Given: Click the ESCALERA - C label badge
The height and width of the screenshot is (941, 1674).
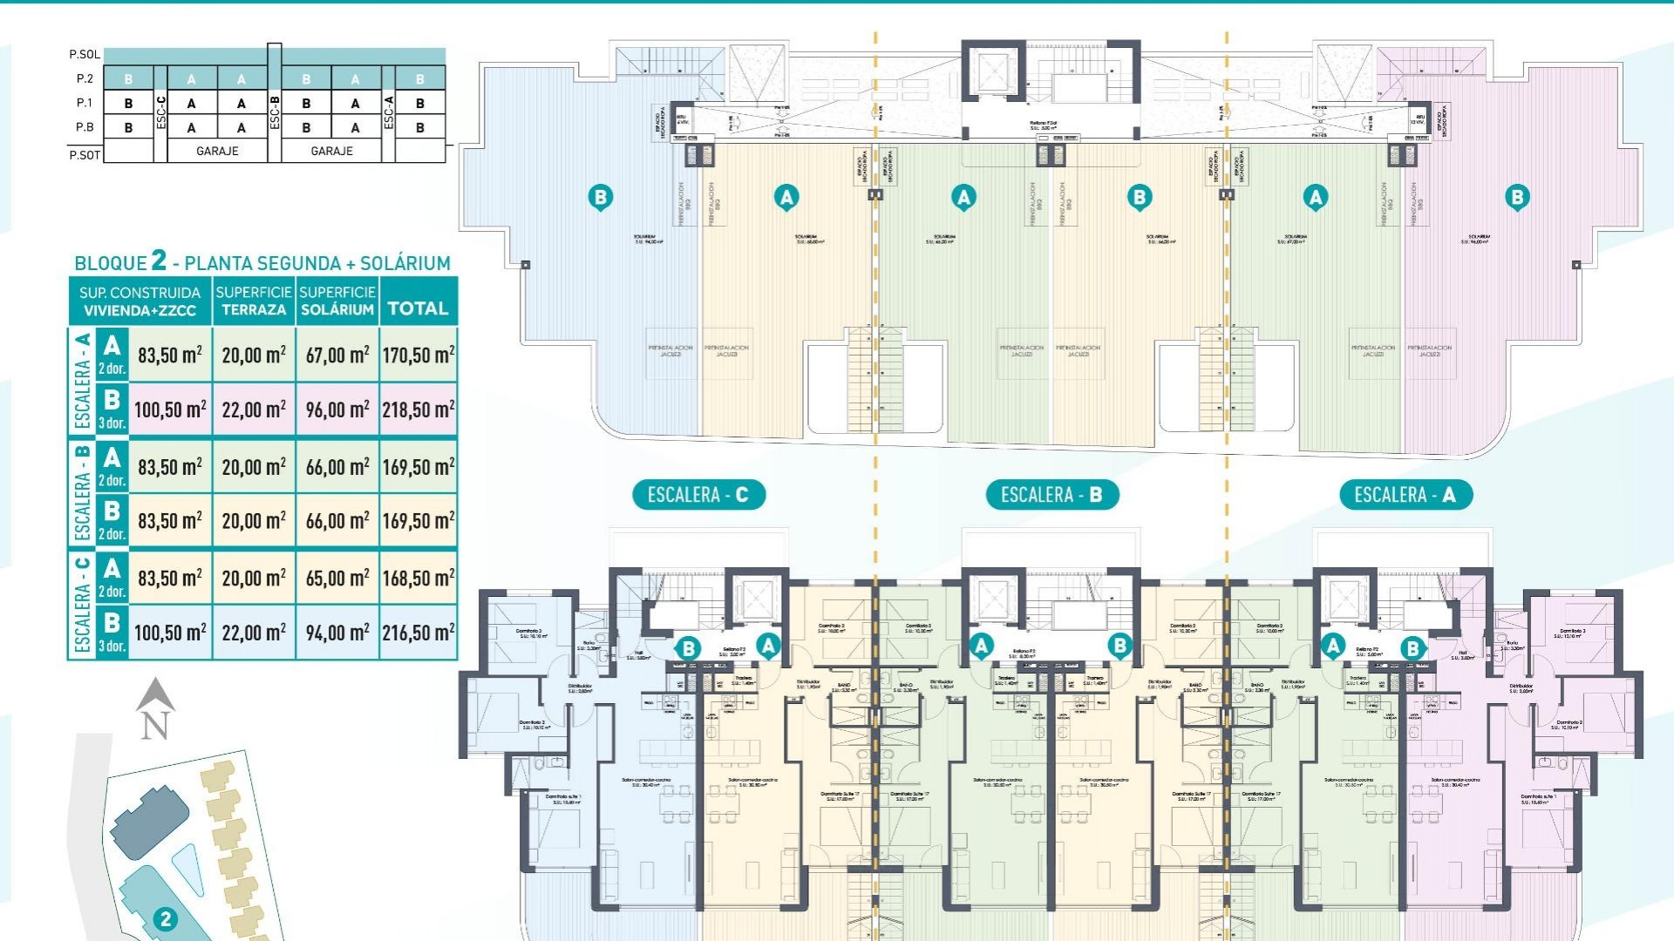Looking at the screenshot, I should (x=697, y=495).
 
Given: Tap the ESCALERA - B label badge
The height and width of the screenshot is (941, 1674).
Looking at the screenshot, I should (x=1051, y=495).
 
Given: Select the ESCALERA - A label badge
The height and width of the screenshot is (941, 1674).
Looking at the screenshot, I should (x=1405, y=495).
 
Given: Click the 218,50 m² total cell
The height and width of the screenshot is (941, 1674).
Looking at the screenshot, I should (x=418, y=410).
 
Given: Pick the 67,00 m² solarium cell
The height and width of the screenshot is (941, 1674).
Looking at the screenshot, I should (x=337, y=355).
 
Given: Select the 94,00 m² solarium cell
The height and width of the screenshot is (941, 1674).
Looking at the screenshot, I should (x=337, y=633).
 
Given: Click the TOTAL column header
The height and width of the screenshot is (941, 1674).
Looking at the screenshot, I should (x=418, y=308).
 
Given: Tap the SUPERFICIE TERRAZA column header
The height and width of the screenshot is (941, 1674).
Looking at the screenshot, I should (x=254, y=301).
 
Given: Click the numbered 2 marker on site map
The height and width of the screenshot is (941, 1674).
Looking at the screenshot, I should (x=165, y=918).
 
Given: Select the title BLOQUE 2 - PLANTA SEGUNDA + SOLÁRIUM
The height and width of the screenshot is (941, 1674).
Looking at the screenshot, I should (x=262, y=262).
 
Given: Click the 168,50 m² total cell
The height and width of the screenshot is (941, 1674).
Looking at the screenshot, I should (x=418, y=578).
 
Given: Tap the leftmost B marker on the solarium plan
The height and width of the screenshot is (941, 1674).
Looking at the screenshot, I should (x=600, y=197).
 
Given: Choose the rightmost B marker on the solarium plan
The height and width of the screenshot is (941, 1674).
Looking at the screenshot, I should (x=1517, y=197).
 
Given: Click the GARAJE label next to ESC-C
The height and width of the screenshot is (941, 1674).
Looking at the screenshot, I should (x=217, y=151).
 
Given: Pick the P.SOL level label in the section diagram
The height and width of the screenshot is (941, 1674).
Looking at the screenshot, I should (x=85, y=54).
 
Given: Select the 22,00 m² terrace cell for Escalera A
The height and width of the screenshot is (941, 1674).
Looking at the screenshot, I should (x=254, y=410).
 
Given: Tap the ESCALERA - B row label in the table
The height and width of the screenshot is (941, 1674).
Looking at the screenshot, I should (x=82, y=492).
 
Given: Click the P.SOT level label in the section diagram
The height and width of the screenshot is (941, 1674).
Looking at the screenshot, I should (x=85, y=155).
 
